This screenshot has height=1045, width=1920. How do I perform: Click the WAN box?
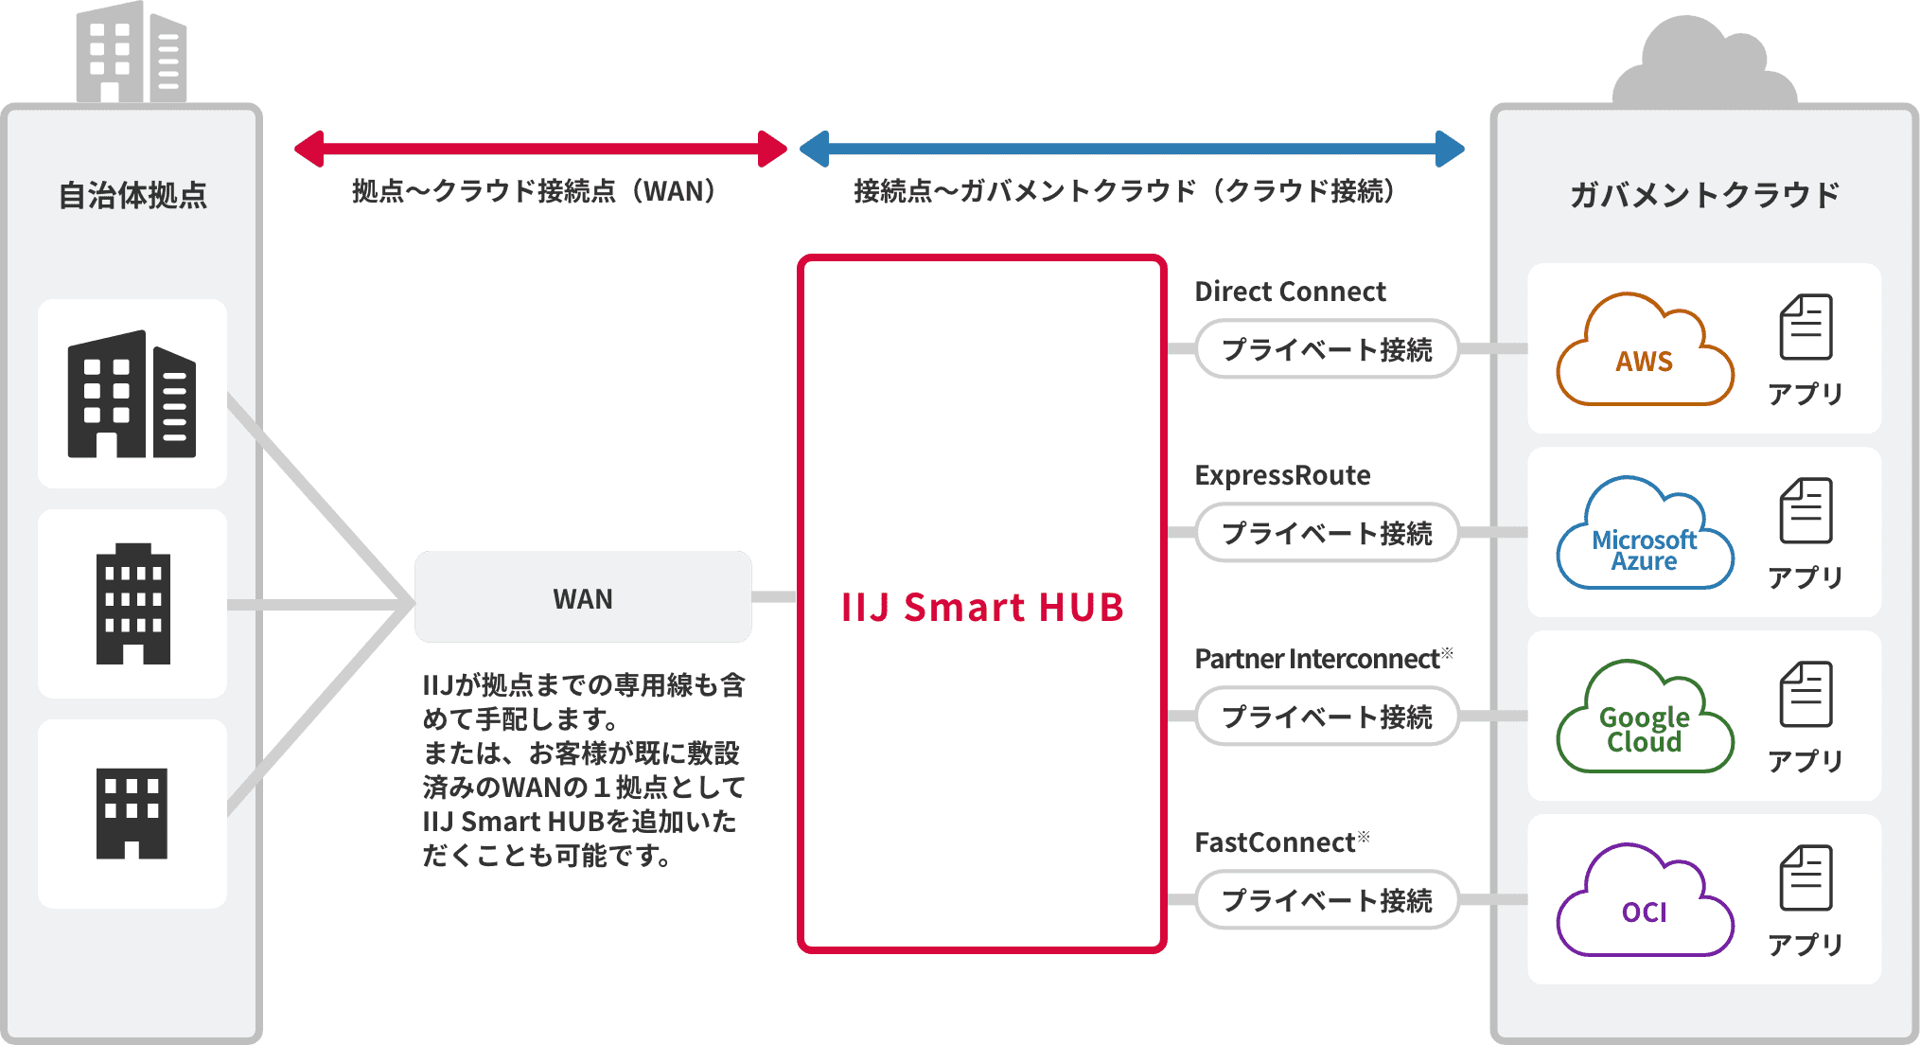click(x=583, y=597)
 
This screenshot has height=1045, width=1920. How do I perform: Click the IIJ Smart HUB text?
click(x=982, y=607)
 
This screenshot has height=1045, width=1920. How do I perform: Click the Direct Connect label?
click(x=1290, y=292)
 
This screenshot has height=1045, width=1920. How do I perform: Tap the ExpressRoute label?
click(x=1282, y=475)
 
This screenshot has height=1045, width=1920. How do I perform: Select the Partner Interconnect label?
click(x=1317, y=659)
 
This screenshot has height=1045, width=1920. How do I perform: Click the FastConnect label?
click(x=1276, y=842)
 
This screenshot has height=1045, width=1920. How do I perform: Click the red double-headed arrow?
click(x=540, y=149)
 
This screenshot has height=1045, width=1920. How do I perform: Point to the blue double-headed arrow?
click(x=1132, y=149)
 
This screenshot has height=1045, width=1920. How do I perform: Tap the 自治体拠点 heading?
click(x=132, y=195)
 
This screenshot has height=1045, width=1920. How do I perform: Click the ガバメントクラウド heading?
click(x=1704, y=195)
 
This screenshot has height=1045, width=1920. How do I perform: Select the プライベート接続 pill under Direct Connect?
click(x=1327, y=349)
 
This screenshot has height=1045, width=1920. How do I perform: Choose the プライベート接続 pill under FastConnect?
click(x=1327, y=900)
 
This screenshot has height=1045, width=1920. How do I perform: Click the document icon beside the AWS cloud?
click(x=1806, y=328)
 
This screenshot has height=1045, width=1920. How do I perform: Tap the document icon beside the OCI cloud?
click(x=1806, y=878)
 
